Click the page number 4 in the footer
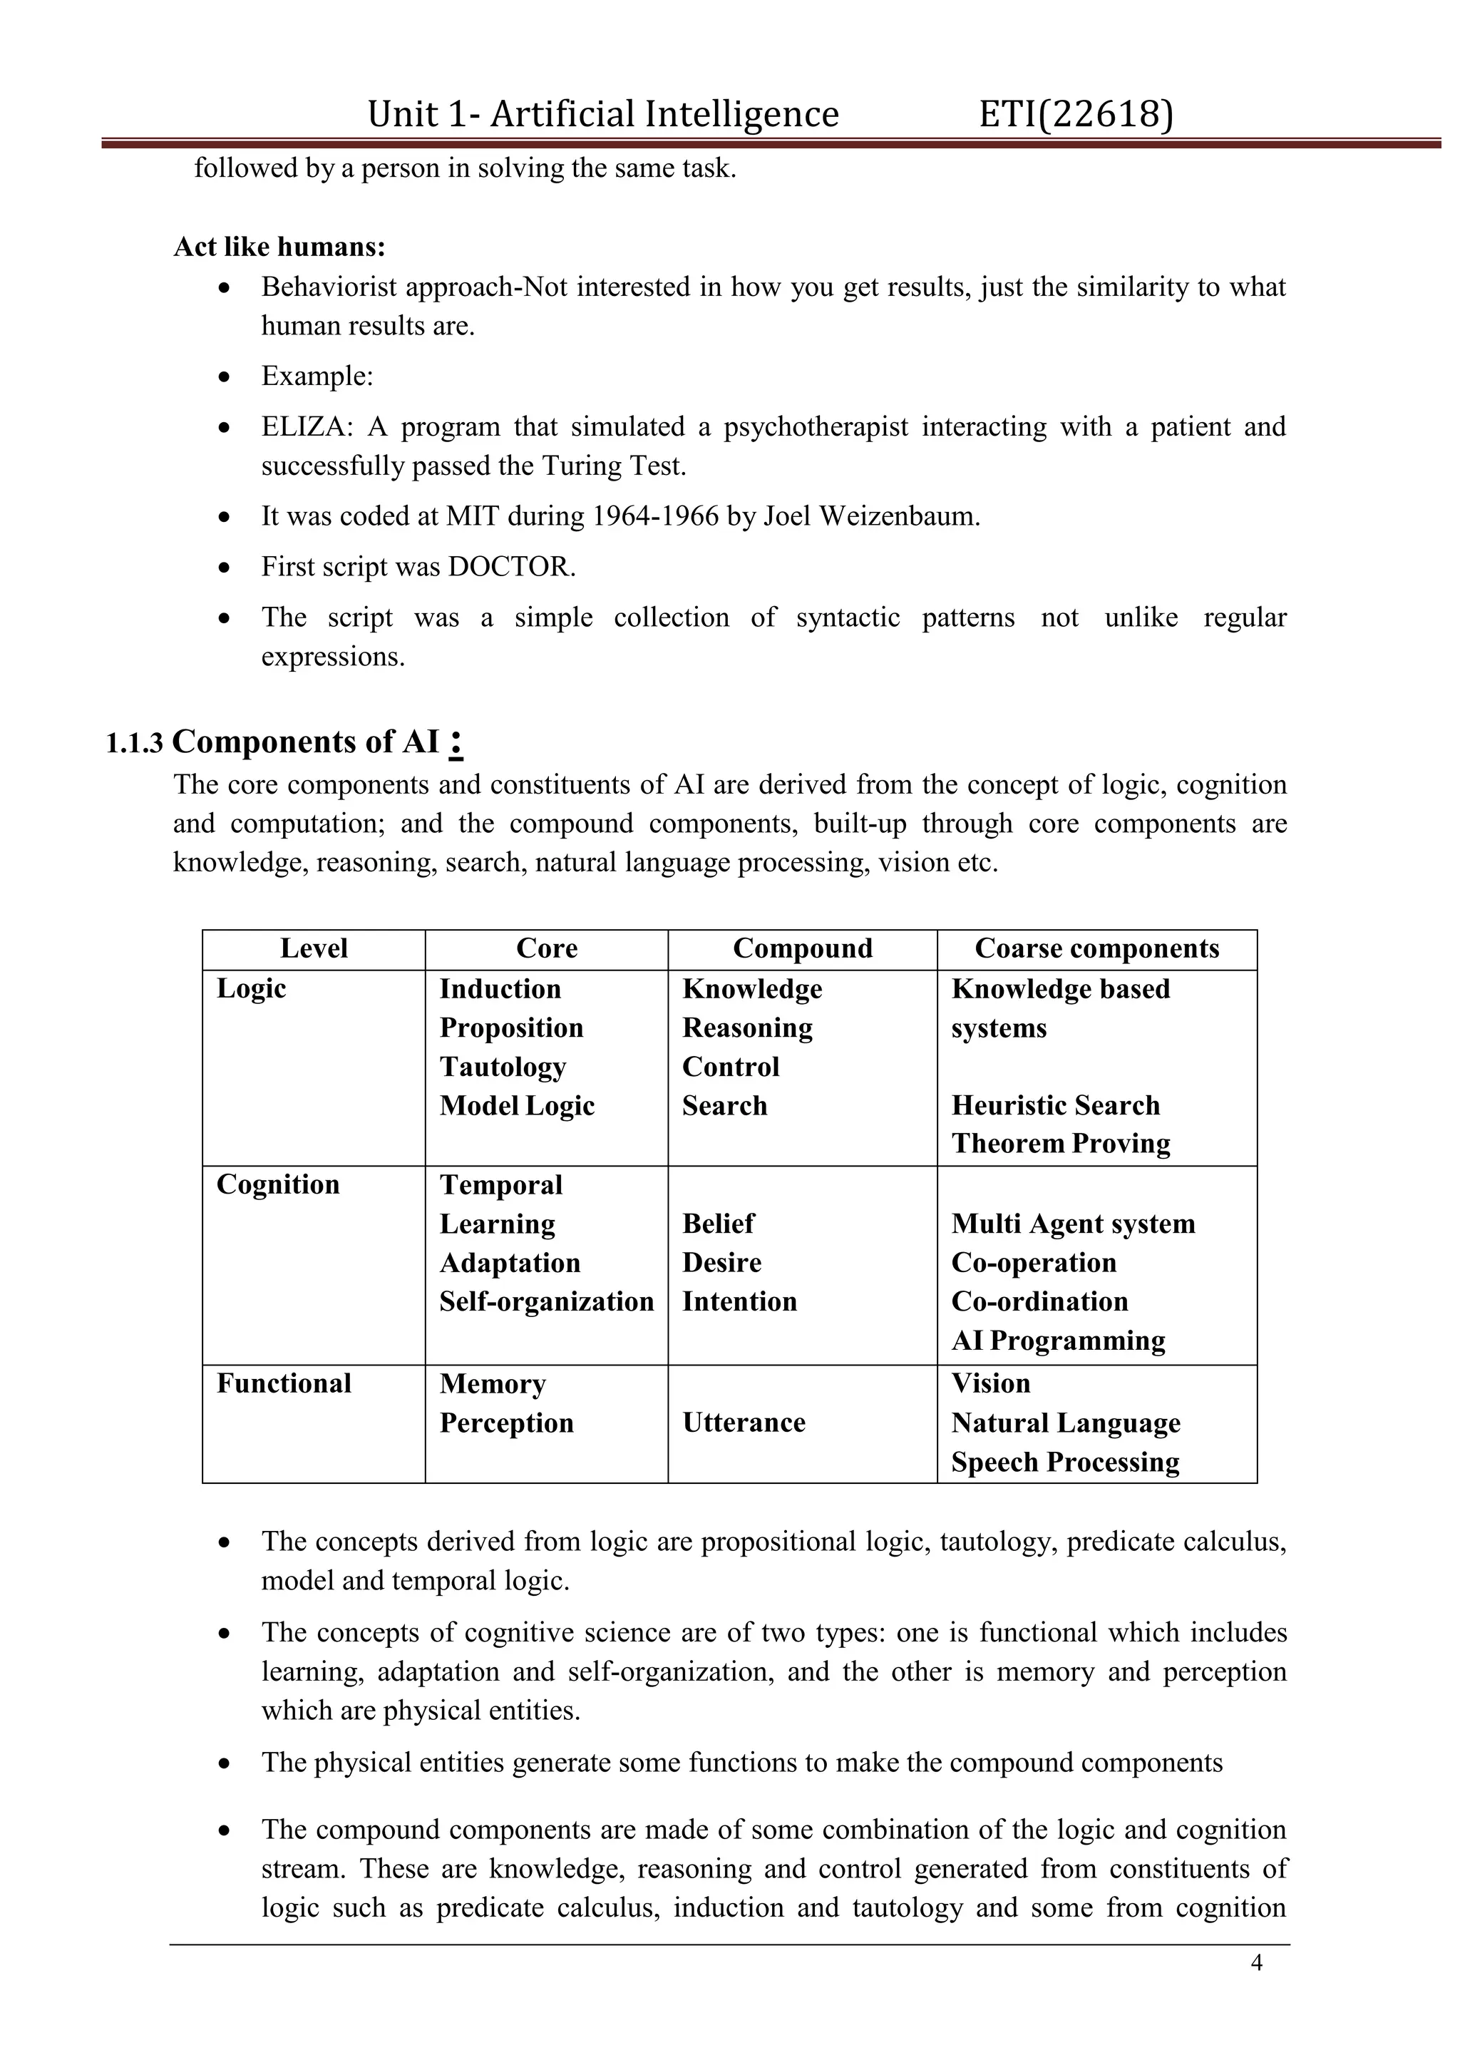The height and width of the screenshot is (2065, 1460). (1257, 1962)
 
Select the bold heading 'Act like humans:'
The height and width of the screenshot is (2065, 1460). (279, 247)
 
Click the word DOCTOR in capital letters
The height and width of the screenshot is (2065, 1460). (509, 567)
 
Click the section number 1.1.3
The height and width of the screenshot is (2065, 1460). (135, 744)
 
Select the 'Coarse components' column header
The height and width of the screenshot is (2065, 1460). (1097, 949)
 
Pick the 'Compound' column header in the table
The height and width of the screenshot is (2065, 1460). (802, 949)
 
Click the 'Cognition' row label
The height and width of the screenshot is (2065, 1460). (278, 1184)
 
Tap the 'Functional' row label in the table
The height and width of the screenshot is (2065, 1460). (284, 1383)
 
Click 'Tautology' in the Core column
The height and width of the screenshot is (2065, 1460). (503, 1067)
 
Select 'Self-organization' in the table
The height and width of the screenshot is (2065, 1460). (545, 1301)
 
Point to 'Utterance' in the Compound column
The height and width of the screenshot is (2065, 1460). (744, 1422)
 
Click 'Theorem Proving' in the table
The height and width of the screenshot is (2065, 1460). (1061, 1143)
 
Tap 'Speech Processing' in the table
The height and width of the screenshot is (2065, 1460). (1065, 1462)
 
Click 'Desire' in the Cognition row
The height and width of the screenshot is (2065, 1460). (722, 1263)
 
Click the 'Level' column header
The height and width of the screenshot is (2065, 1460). (314, 949)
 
